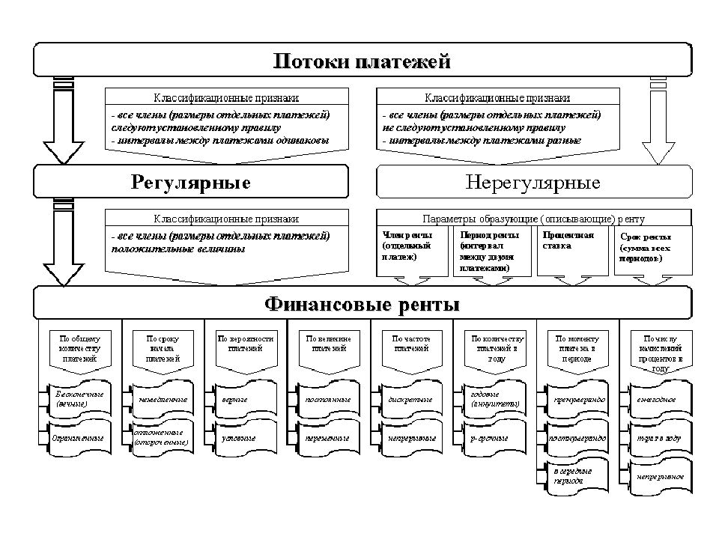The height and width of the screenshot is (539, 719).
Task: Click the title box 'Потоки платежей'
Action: coord(360,60)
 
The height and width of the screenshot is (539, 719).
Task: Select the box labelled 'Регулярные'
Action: coord(190,182)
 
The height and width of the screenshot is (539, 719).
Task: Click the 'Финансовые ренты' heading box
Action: coord(360,305)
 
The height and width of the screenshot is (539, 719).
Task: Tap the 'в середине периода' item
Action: coord(577,475)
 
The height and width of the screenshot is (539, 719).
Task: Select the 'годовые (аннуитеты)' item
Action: coord(494,398)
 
